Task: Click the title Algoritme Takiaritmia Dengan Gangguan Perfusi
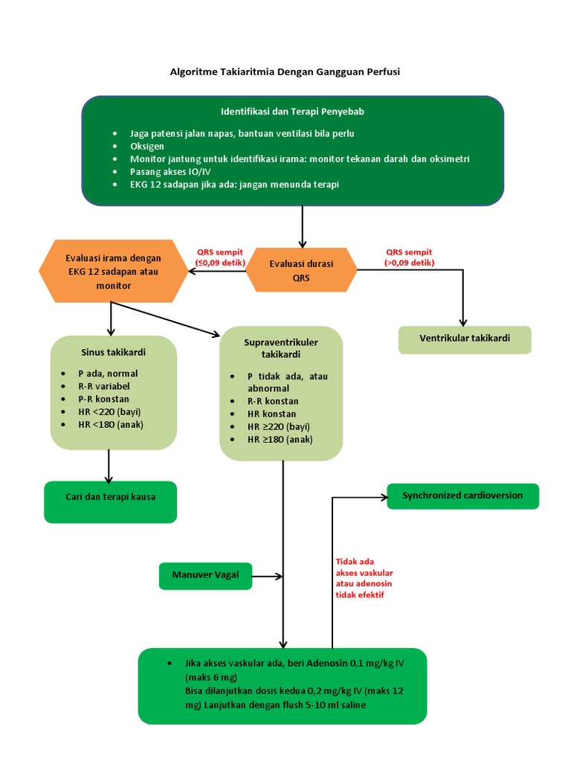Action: pos(285,72)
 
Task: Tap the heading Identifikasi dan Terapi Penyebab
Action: pos(292,112)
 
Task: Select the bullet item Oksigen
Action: pos(146,147)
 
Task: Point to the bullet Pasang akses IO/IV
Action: pos(170,172)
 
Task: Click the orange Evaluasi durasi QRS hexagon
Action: pos(302,270)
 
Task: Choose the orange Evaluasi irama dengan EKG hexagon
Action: pos(113,271)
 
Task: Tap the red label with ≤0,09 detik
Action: pos(220,257)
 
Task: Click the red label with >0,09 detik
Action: pos(410,257)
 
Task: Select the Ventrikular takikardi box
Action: pos(465,339)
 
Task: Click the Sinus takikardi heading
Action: pos(113,352)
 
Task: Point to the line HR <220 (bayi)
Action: pos(109,412)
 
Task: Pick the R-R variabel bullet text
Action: pos(104,386)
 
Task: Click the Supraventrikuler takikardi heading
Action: pos(280,348)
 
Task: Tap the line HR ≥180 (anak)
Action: pos(280,439)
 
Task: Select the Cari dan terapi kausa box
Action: pos(110,502)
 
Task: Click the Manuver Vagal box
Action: pos(205,577)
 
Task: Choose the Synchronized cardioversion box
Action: pos(462,496)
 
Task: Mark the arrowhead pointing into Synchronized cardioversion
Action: pos(385,497)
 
